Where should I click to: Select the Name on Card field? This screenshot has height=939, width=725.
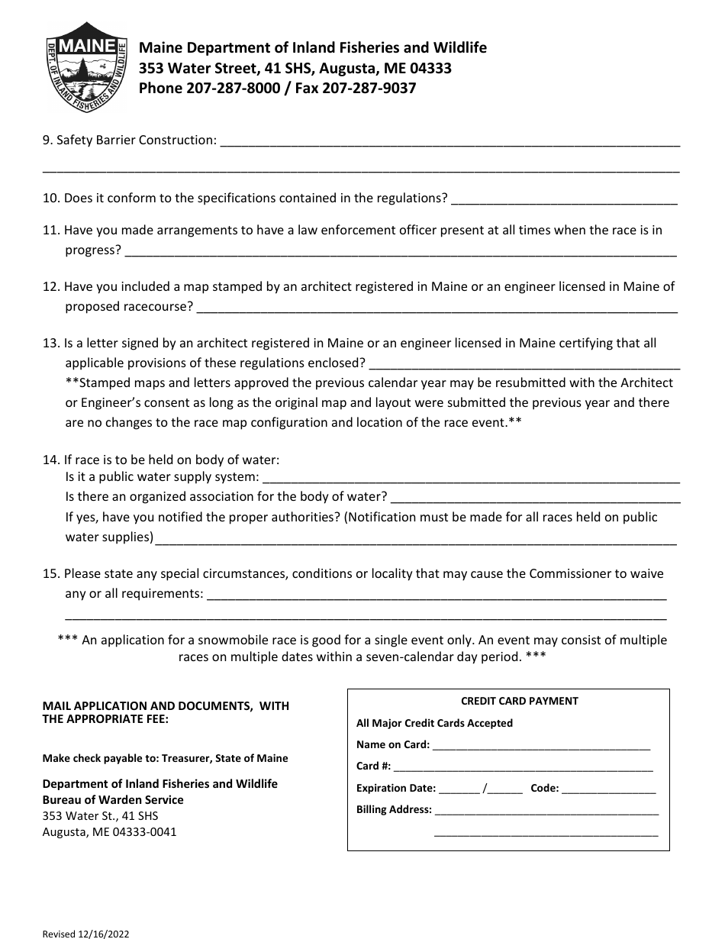(x=541, y=746)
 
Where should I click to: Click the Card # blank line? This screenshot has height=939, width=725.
(x=523, y=767)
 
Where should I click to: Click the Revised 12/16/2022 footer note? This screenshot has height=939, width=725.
(x=80, y=933)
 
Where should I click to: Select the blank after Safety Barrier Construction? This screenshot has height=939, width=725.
(x=449, y=141)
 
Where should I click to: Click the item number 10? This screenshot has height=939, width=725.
(x=50, y=198)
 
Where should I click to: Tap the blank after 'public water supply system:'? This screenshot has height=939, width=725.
(x=470, y=479)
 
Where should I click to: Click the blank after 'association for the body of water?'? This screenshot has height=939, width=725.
(x=535, y=498)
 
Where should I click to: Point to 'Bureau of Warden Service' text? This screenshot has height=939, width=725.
(x=113, y=800)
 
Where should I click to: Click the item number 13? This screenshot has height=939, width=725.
(x=50, y=343)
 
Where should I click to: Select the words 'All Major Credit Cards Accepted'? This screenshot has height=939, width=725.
(x=434, y=723)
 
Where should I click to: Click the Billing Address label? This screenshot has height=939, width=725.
(x=394, y=810)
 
